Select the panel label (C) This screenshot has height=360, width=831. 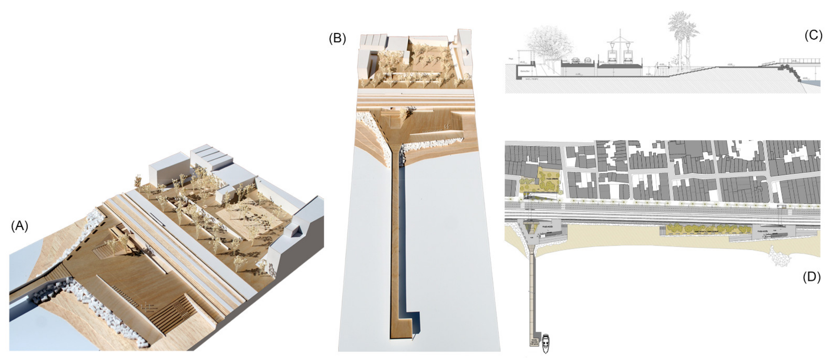point(813,35)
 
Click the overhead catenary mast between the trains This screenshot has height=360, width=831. point(620,42)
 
